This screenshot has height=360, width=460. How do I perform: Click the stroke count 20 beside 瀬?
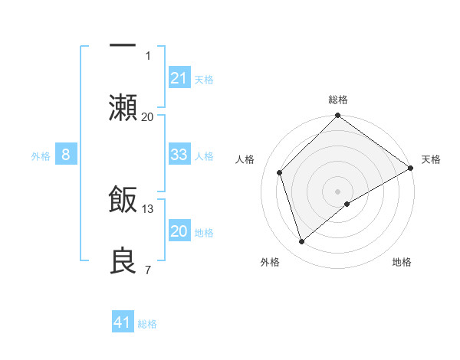[148, 116]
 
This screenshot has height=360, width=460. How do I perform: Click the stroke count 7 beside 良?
[148, 270]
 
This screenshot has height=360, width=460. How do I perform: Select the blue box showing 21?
[179, 78]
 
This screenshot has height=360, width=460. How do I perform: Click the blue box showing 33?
[179, 155]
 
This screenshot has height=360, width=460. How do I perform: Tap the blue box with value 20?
[179, 231]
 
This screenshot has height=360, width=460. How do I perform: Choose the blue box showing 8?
[66, 155]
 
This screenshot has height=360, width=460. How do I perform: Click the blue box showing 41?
[123, 323]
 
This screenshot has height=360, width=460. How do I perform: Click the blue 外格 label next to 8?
[41, 156]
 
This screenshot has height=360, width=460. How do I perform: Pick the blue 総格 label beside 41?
[147, 324]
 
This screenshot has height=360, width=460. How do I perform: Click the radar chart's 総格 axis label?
[338, 100]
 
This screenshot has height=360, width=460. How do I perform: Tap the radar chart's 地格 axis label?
[402, 262]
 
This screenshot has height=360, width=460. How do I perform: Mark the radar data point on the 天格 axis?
[411, 169]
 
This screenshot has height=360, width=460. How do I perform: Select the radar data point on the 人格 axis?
[280, 172]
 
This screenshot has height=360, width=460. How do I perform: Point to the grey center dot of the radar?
[338, 191]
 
